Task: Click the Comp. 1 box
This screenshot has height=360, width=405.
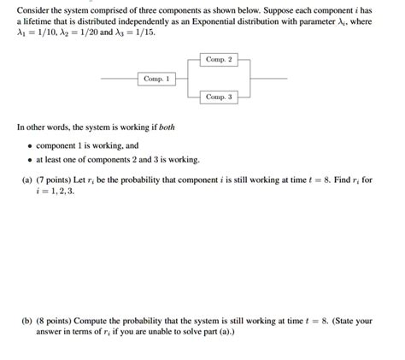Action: pyautogui.click(x=156, y=78)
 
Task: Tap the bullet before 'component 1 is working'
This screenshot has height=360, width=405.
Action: pyautogui.click(x=28, y=146)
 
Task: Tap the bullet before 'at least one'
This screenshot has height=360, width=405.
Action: pyautogui.click(x=28, y=159)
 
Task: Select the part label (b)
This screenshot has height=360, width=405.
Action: pyautogui.click(x=27, y=322)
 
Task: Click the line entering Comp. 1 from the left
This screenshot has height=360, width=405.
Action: pyautogui.click(x=119, y=78)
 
